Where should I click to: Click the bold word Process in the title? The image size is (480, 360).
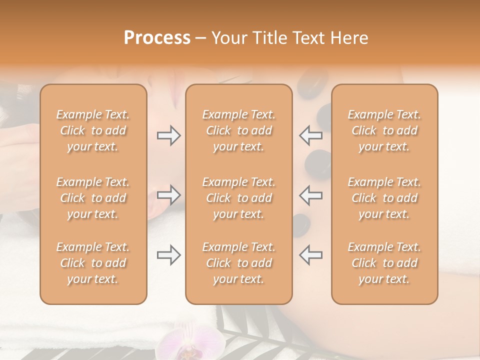point(157,38)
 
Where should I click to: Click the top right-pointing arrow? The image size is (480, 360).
point(169,135)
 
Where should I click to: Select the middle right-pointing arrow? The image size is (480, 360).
point(169,195)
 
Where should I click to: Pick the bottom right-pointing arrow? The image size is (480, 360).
point(169,255)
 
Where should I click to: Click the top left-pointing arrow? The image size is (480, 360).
point(310,135)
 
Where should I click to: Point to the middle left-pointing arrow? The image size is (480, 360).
point(310,195)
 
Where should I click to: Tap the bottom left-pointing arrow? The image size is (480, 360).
point(310,255)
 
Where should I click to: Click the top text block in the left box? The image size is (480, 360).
point(93,130)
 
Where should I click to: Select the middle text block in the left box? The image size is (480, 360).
point(93,198)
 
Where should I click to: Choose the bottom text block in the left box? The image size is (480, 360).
point(93,263)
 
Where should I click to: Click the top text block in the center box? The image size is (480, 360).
point(238,130)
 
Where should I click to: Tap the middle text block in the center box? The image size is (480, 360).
point(238,198)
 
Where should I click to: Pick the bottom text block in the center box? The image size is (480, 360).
point(238,263)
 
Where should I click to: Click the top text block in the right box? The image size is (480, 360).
point(384,130)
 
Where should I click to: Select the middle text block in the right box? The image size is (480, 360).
point(384,198)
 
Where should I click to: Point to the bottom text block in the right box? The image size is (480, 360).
point(384,263)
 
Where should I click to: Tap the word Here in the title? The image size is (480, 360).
point(351,38)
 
